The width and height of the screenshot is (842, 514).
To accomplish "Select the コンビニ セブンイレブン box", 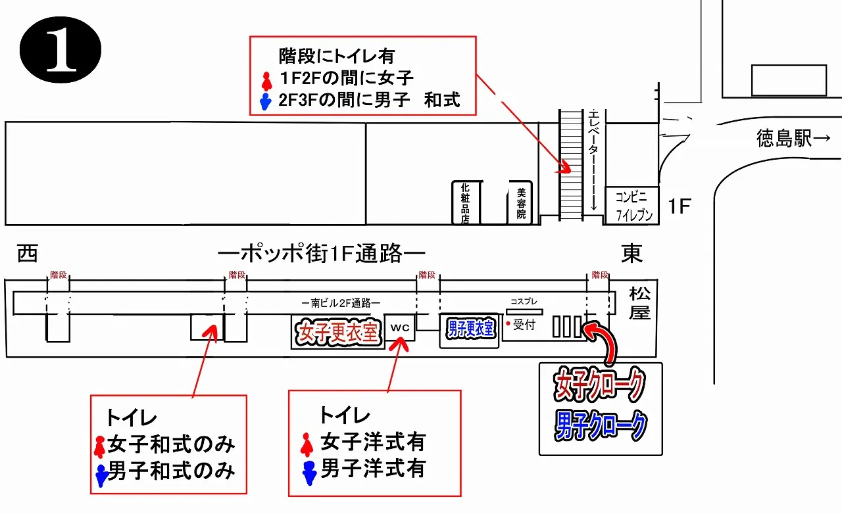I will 631,205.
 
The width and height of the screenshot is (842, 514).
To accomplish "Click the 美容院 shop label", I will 521,203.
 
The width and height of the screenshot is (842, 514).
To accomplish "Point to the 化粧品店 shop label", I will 465,203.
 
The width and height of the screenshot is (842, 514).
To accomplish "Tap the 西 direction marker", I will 27,253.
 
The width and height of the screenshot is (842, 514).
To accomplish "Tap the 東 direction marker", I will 632,253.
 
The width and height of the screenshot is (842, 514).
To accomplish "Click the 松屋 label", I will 639,303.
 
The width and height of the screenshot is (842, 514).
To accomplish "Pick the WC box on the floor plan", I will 400,327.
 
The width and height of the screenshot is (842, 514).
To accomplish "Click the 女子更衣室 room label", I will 337,333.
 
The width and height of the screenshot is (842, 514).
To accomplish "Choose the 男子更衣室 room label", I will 470,328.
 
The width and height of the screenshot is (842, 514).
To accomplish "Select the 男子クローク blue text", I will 600,426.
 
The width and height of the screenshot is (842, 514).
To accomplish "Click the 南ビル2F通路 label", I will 340,303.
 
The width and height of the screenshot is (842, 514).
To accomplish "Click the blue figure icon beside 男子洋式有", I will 309,470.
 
